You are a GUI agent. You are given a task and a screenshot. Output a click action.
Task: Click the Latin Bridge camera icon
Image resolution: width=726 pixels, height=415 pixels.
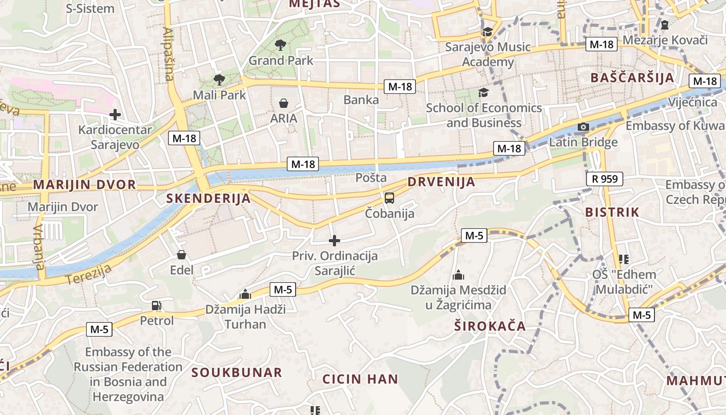pos(583,127)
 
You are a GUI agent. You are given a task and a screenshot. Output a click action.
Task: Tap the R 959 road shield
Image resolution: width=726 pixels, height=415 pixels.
pos(604,179)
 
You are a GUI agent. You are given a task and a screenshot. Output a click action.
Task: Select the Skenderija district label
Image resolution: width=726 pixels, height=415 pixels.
pos(208,198)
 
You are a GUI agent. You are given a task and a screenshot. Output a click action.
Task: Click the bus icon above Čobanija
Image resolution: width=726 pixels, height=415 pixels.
pos(389,198)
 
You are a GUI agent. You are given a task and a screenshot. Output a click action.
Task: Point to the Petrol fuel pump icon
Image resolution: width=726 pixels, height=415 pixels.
pos(156,306)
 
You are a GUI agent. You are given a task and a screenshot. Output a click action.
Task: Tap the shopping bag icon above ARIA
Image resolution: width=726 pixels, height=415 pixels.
pos(284,103)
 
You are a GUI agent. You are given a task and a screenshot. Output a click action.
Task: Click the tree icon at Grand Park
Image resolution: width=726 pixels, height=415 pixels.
pos(281,45)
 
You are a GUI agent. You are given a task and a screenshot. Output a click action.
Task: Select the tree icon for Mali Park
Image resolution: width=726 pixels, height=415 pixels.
pos(219,80)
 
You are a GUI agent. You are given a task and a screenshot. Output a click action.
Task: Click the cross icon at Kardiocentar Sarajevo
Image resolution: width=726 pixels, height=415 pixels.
pos(115,115)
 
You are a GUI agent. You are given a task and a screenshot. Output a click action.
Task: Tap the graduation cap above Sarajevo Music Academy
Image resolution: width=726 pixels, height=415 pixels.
pos(487,32)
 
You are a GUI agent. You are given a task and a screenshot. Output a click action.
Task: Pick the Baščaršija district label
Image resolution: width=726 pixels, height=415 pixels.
pos(633,78)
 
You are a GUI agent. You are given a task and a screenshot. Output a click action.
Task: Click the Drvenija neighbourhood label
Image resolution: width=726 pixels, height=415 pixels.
pos(441,182)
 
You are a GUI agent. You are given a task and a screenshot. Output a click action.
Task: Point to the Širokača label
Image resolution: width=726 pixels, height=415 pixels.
pos(490,326)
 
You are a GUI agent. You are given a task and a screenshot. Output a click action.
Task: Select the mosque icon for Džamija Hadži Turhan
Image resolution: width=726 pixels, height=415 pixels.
pos(245,295)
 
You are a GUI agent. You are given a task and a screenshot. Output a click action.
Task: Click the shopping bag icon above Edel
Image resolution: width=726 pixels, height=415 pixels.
pos(181,255)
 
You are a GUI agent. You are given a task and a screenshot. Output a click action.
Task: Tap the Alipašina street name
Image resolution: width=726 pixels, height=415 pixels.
pos(168,54)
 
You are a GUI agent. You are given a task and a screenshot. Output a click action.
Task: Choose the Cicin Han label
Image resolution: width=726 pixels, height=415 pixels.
pos(360,379)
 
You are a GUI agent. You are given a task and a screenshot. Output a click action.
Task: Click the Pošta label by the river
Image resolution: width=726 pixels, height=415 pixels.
pos(371,178)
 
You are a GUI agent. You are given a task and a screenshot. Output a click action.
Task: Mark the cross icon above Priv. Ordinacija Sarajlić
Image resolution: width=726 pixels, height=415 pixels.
pos(334,241)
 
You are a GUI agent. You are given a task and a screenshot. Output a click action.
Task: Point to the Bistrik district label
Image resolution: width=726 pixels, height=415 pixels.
pos(612,212)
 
